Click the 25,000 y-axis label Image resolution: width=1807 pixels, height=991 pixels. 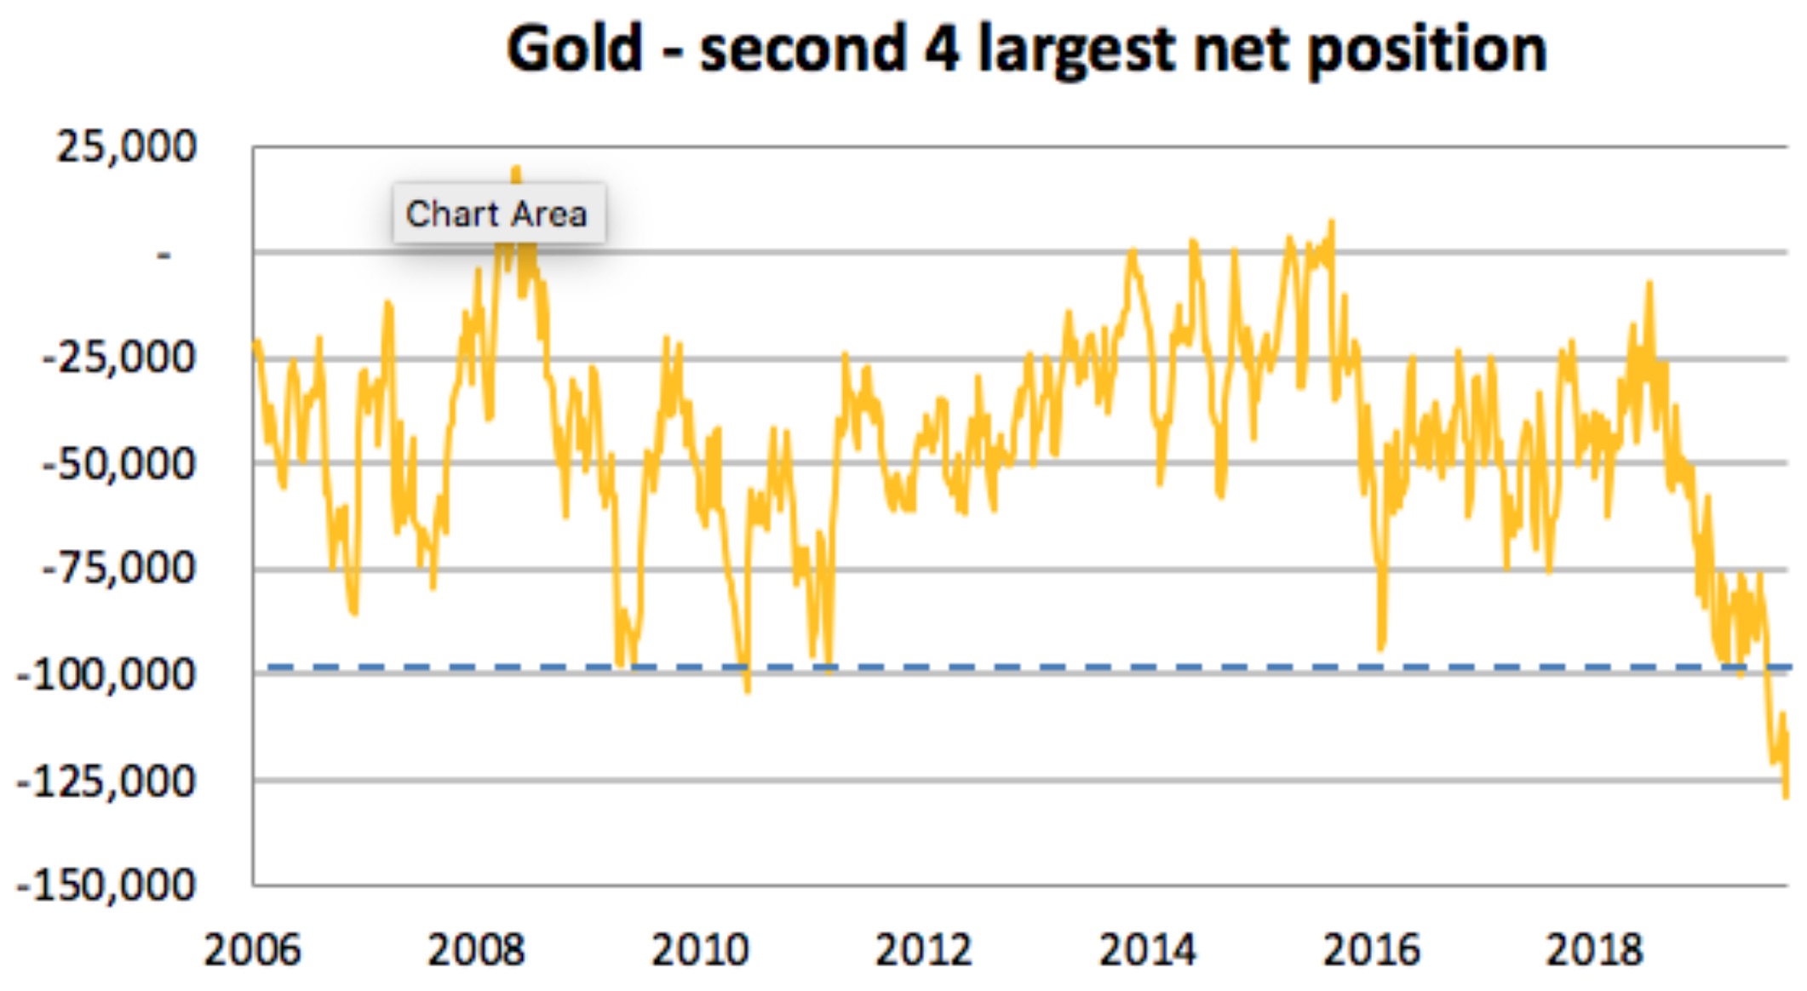126,146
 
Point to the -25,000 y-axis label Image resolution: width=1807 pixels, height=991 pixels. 119,358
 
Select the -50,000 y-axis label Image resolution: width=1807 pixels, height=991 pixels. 119,464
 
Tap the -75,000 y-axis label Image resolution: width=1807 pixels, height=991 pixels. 119,568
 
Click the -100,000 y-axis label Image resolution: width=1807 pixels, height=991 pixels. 106,675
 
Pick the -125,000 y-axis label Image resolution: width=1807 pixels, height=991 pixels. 106,781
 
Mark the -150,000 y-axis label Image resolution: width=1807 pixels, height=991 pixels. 106,885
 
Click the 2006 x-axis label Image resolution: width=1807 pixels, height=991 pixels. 252,950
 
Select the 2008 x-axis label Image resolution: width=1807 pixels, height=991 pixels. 476,950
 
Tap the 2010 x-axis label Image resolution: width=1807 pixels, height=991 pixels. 700,950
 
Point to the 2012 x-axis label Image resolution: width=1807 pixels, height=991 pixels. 924,950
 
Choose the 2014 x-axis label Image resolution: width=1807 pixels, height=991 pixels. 1148,950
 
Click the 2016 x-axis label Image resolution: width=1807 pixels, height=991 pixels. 1372,950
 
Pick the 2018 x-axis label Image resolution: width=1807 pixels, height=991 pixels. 1595,950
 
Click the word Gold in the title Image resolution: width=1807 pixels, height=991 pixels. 575,49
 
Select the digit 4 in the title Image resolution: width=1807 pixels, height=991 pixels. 943,49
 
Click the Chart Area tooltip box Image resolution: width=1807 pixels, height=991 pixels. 498,214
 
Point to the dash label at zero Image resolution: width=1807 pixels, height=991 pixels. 163,254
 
